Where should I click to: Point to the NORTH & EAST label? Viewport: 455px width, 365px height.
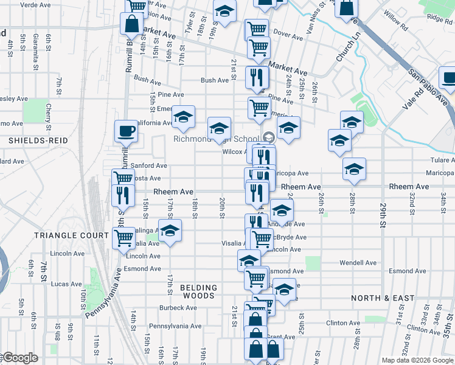tap(383, 298)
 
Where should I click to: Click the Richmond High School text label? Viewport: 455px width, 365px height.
tap(216, 139)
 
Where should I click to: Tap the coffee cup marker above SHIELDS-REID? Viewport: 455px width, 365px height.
tap(127, 131)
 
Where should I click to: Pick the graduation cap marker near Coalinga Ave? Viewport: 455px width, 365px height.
tap(170, 231)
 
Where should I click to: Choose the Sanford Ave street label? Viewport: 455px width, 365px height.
tap(148, 165)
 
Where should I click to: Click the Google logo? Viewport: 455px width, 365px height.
tap(19, 358)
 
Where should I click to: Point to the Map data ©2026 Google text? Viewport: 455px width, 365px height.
tap(417, 360)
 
